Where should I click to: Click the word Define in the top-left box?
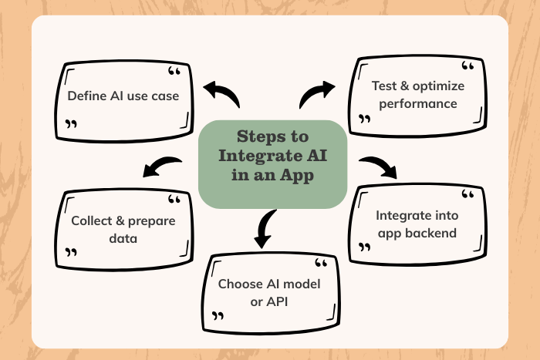coord(86,96)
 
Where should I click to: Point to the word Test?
coord(385,86)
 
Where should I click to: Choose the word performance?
coord(414,103)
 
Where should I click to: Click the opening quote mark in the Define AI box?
coord(174,73)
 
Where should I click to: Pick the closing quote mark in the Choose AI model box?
coord(219,315)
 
